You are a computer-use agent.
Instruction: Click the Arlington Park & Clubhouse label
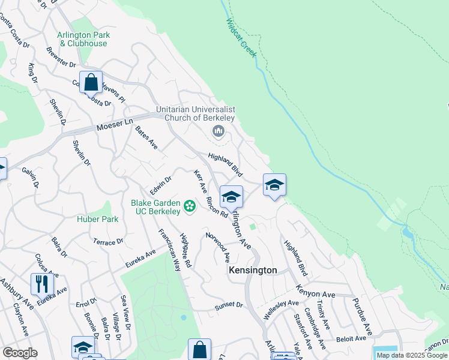pos(82,39)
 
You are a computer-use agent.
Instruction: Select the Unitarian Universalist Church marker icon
pos(218,131)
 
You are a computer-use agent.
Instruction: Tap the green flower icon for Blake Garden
pos(190,207)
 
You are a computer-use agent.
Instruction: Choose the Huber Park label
pos(97,219)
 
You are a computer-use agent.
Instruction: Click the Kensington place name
pos(253,271)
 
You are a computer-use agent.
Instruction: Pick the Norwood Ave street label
pos(217,247)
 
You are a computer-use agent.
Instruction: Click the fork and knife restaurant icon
pos(42,283)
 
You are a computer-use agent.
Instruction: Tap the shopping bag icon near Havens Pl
pos(91,82)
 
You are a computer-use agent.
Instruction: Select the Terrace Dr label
pos(107,241)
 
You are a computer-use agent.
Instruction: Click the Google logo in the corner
pos(19,353)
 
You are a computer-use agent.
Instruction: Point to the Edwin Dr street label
pos(161,184)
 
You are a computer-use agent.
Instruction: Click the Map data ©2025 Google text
pos(412,355)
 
